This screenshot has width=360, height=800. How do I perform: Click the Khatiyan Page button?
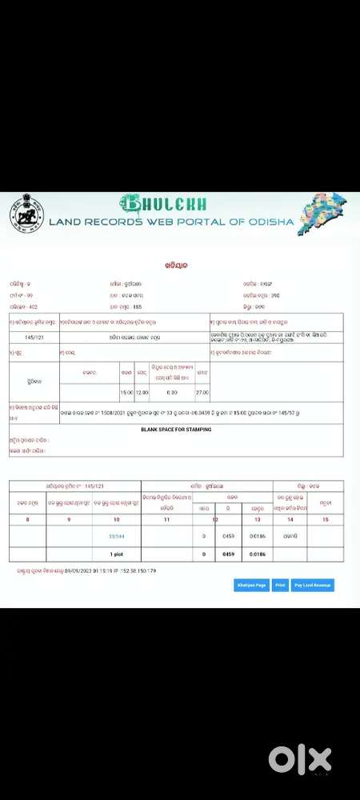pyautogui.click(x=251, y=586)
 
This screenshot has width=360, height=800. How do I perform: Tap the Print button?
pyautogui.click(x=280, y=586)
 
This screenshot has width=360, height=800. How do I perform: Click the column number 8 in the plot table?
pyautogui.click(x=28, y=519)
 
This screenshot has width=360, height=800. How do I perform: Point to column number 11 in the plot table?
pyautogui.click(x=166, y=519)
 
